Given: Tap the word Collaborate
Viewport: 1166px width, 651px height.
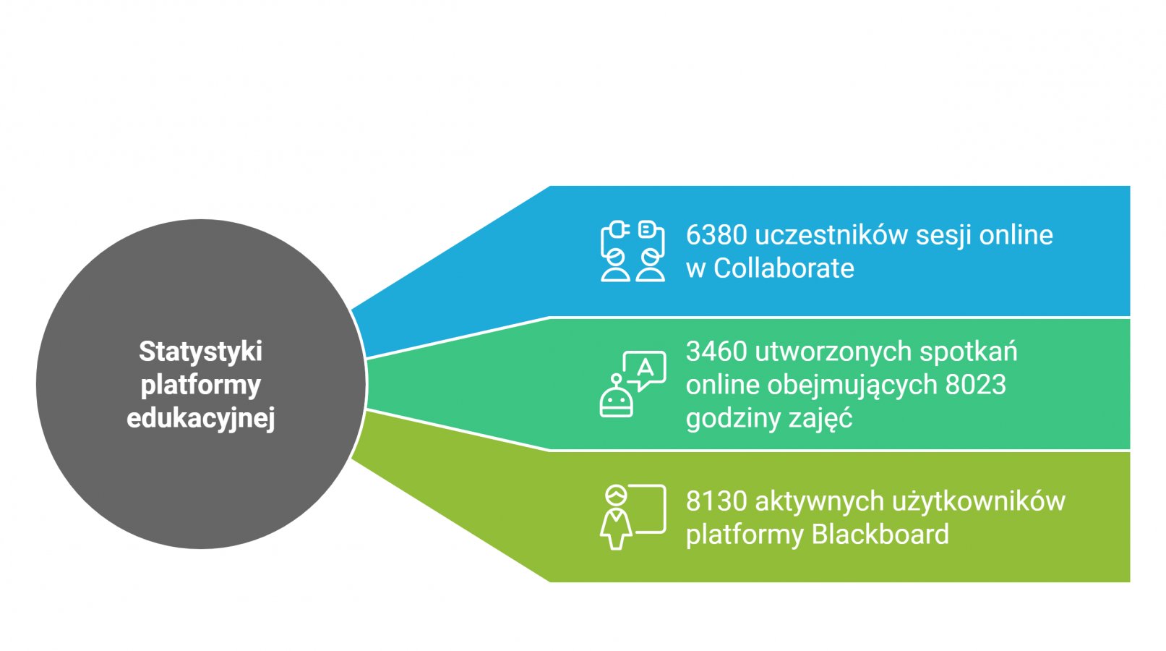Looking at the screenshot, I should click(x=784, y=268).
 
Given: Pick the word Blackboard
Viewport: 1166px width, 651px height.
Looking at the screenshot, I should click(x=880, y=535).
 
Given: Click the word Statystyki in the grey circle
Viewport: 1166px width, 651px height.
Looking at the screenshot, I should click(x=200, y=352).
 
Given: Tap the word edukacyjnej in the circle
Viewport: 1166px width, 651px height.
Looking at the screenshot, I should click(x=200, y=418).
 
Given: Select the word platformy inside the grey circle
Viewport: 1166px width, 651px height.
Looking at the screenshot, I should click(x=200, y=385).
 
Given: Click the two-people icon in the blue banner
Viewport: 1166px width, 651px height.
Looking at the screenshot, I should click(x=633, y=251).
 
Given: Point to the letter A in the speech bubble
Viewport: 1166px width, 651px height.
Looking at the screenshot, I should click(x=645, y=368).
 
